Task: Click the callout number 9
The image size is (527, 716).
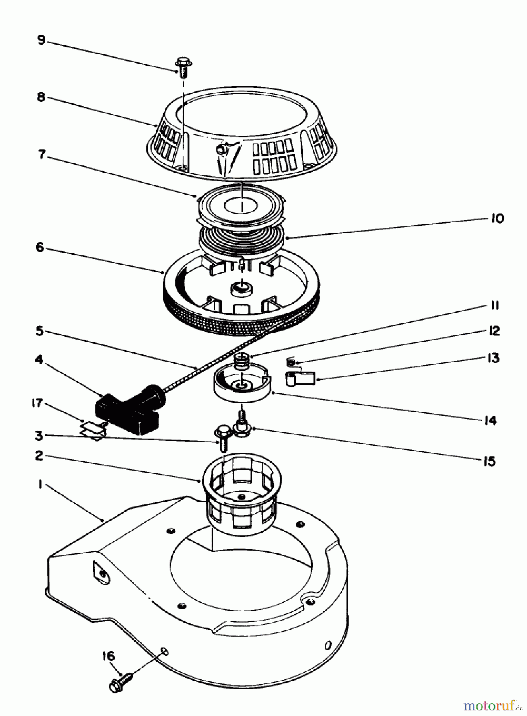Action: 41,41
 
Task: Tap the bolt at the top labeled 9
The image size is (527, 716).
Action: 183,67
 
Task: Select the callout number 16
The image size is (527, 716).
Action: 109,656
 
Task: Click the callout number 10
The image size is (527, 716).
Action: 497,218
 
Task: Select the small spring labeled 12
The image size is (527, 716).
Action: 290,362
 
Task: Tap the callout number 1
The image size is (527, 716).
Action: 40,486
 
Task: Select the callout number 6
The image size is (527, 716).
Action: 40,247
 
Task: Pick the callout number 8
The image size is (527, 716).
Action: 41,97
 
